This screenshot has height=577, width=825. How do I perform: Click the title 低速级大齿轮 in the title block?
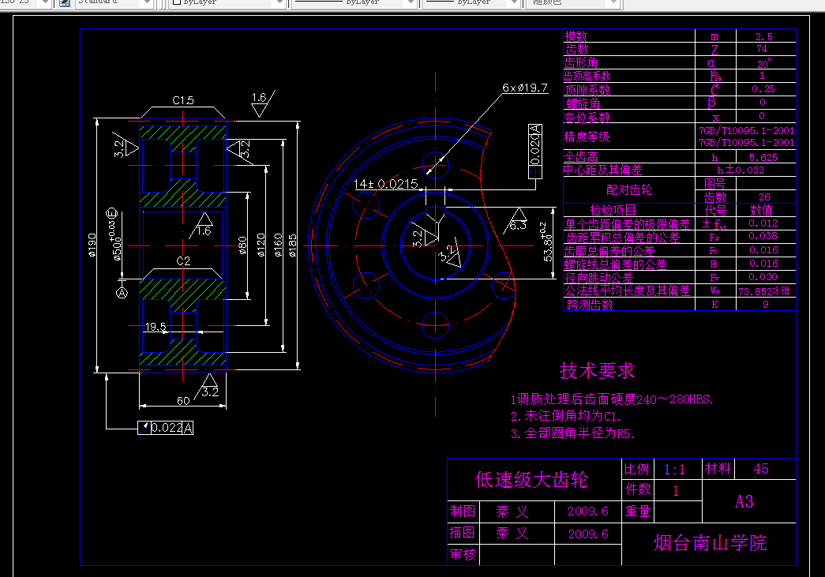[531, 479]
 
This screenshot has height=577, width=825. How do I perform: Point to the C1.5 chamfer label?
[183, 100]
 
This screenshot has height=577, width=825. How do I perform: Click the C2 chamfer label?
[183, 260]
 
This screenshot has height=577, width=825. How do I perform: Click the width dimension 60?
[183, 400]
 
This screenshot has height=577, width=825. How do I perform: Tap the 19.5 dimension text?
[155, 326]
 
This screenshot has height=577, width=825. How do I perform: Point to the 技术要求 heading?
[597, 370]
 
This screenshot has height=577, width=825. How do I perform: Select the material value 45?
[761, 469]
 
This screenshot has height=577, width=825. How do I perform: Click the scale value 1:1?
[675, 470]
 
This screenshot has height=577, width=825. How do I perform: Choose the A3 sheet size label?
[744, 501]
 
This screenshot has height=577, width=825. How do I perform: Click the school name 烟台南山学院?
[710, 543]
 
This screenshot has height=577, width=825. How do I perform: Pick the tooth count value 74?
[763, 49]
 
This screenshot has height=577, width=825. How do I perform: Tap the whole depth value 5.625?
[763, 157]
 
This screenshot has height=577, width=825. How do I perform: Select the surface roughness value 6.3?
[518, 225]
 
